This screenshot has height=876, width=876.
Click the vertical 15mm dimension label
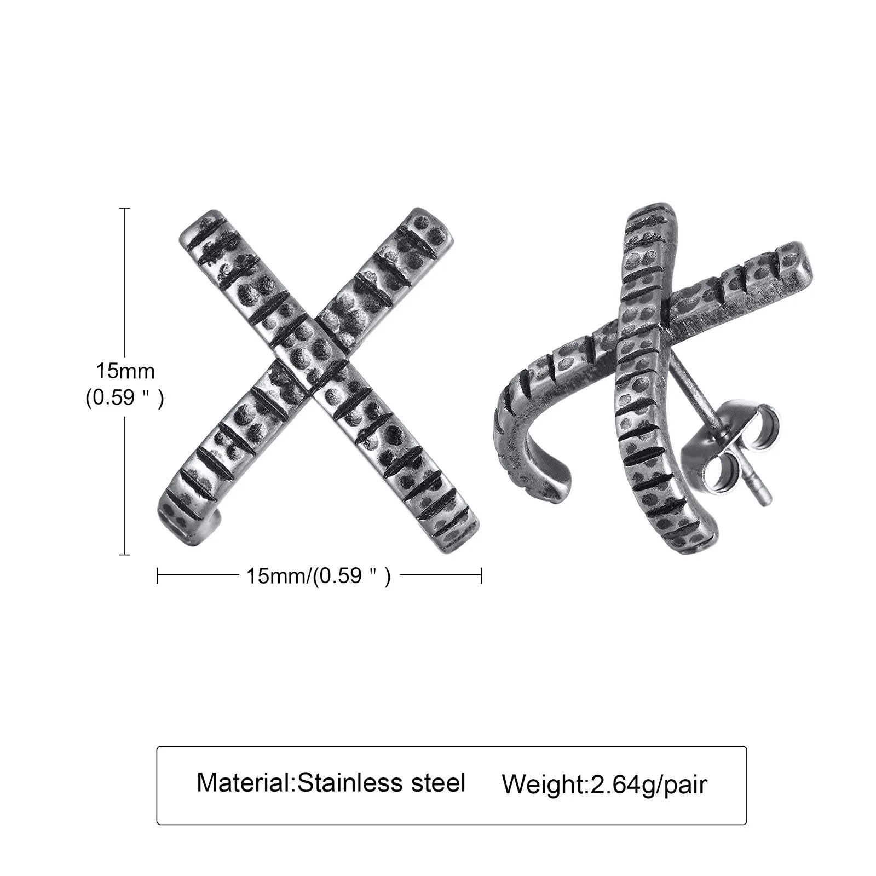click(125, 371)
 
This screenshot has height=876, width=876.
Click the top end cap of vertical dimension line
click(125, 208)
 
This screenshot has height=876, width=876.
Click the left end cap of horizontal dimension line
click(158, 575)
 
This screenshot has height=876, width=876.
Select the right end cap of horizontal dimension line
click(481, 575)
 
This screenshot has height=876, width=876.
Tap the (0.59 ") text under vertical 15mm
click(124, 399)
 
